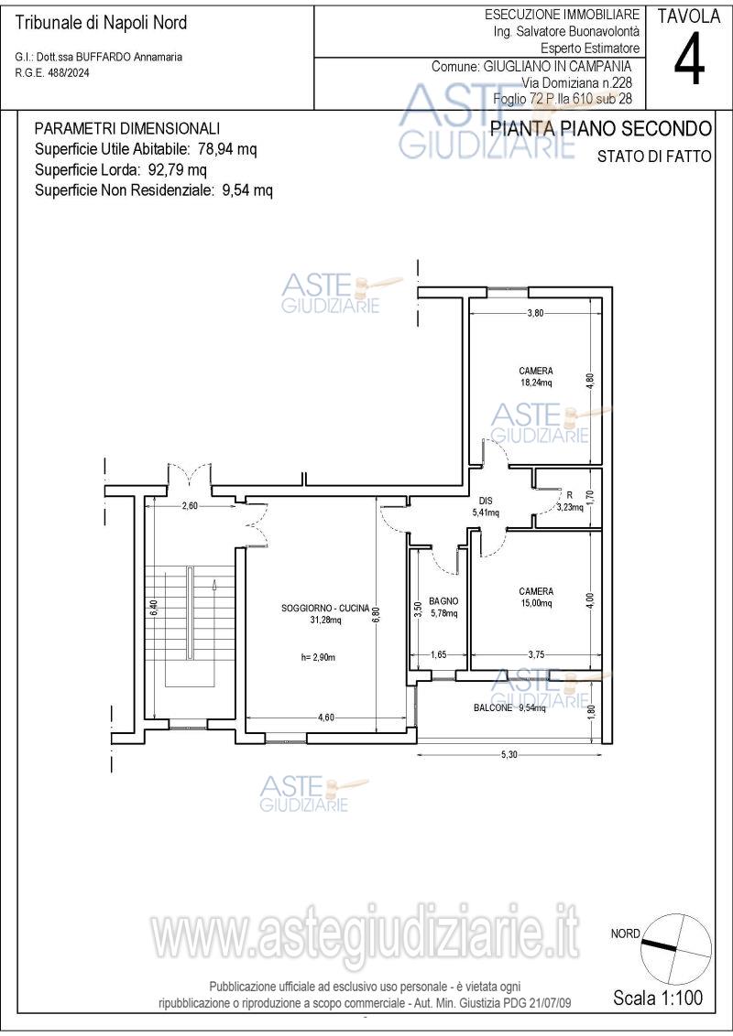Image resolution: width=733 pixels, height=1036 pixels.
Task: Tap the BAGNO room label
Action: click(x=443, y=601)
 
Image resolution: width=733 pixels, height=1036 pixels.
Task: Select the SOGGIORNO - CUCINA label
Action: click(x=325, y=609)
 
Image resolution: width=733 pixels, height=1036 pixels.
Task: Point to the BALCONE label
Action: click(x=493, y=707)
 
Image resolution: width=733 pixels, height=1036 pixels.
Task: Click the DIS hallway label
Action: click(x=486, y=501)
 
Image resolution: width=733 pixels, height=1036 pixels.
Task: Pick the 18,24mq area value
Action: click(x=536, y=383)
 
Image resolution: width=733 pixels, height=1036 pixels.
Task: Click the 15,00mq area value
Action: click(x=536, y=603)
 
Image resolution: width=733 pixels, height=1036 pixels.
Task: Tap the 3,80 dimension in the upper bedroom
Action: click(x=535, y=313)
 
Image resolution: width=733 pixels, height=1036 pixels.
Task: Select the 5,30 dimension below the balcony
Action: click(x=509, y=755)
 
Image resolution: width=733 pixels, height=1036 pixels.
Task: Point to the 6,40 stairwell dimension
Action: click(x=153, y=608)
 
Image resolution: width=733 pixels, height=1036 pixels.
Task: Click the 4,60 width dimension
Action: click(x=325, y=718)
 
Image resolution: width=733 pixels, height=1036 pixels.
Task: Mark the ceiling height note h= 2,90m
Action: click(x=318, y=657)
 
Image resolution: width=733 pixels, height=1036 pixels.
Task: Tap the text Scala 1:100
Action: click(x=658, y=997)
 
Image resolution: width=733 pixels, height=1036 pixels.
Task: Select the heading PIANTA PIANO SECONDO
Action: click(x=601, y=128)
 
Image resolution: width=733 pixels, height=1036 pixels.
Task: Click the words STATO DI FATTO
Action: click(x=654, y=156)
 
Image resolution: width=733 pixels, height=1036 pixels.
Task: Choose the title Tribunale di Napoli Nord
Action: click(x=101, y=23)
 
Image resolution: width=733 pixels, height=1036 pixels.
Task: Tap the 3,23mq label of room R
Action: click(x=570, y=507)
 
